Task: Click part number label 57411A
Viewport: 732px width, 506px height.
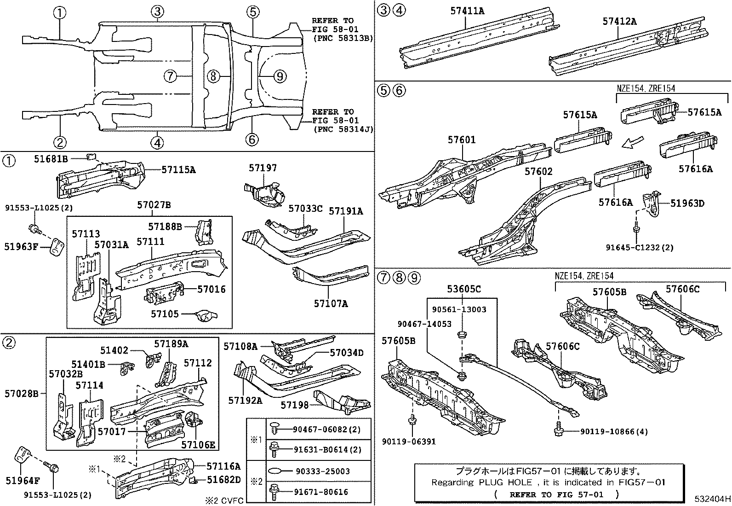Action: pyautogui.click(x=467, y=10)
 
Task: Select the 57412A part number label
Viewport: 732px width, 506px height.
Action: pyautogui.click(x=619, y=21)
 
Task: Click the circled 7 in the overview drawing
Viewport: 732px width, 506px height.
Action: pyautogui.click(x=170, y=76)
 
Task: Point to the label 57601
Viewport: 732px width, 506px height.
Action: pyautogui.click(x=462, y=140)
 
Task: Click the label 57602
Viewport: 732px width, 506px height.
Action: pyautogui.click(x=538, y=172)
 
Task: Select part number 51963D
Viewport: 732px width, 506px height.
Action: pyautogui.click(x=687, y=203)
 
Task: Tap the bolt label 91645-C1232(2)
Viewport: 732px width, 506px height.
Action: pyautogui.click(x=639, y=247)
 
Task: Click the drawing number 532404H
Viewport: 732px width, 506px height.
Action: pyautogui.click(x=712, y=499)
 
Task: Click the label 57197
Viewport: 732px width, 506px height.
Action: pyautogui.click(x=263, y=168)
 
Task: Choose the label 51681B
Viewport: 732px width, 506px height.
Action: pyautogui.click(x=51, y=159)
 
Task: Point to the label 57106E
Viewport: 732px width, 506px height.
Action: pyautogui.click(x=198, y=444)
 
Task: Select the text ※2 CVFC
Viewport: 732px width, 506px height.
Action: pyautogui.click(x=224, y=500)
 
